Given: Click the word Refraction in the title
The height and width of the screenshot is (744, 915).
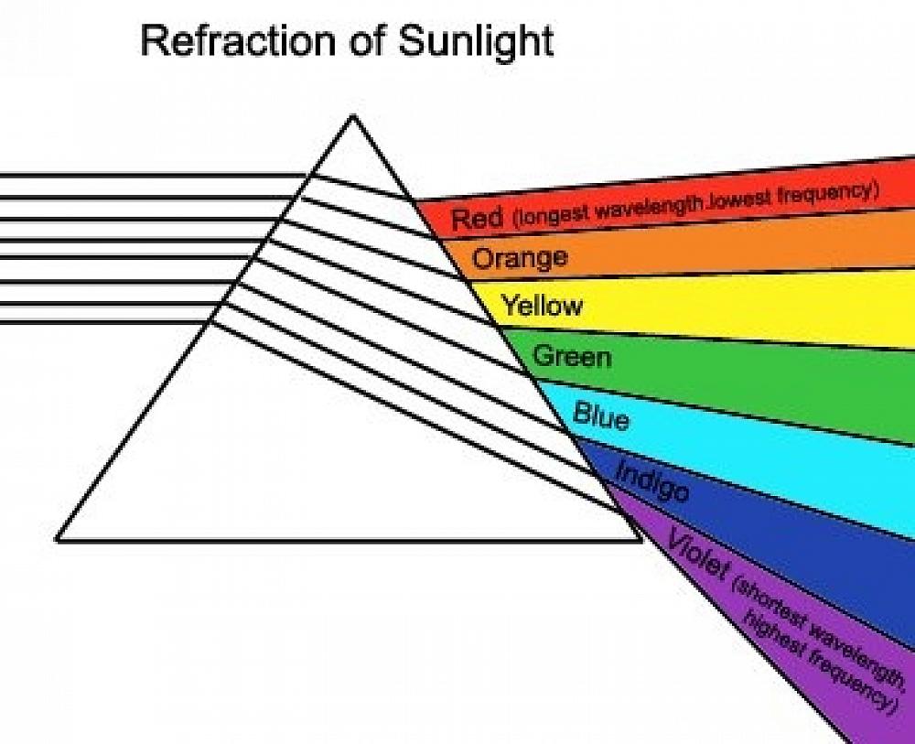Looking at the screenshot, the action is click(x=238, y=41).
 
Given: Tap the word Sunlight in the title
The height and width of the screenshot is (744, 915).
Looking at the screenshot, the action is click(x=476, y=42).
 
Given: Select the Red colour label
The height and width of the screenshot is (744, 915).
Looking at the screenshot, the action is click(x=477, y=218).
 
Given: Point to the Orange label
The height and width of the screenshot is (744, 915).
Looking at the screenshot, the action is click(x=520, y=257).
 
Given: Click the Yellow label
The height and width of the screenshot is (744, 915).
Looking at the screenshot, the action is click(x=542, y=305).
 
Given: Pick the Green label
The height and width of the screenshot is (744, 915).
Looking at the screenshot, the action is click(x=572, y=355).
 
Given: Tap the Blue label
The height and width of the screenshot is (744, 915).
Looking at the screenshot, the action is click(x=602, y=415).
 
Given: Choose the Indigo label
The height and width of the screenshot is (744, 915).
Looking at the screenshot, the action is click(x=653, y=480).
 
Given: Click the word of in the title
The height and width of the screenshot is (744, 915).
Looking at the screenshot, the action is click(x=366, y=41).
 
